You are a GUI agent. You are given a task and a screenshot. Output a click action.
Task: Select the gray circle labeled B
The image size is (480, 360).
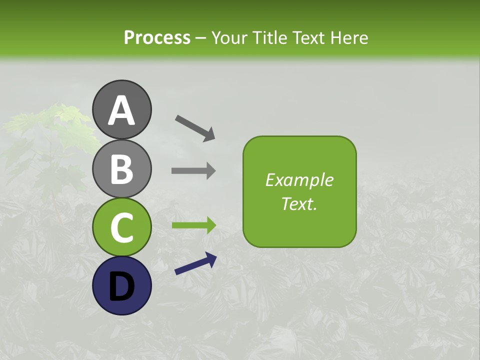pyautogui.click(x=122, y=168)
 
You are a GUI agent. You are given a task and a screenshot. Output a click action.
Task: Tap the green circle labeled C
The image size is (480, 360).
pyautogui.click(x=122, y=227)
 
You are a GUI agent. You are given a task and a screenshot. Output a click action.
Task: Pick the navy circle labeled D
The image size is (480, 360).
pyautogui.click(x=122, y=285)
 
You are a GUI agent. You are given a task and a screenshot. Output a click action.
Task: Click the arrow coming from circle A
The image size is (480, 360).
pyautogui.click(x=195, y=127)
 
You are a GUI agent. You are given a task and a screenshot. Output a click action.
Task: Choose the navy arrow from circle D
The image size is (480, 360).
pyautogui.click(x=195, y=264)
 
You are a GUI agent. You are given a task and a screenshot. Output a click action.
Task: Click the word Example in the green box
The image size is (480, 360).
pyautogui.click(x=299, y=180)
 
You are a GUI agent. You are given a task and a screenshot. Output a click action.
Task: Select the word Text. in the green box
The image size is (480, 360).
pyautogui.click(x=299, y=204)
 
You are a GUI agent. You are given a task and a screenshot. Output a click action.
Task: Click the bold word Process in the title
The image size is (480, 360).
pyautogui.click(x=157, y=38)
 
